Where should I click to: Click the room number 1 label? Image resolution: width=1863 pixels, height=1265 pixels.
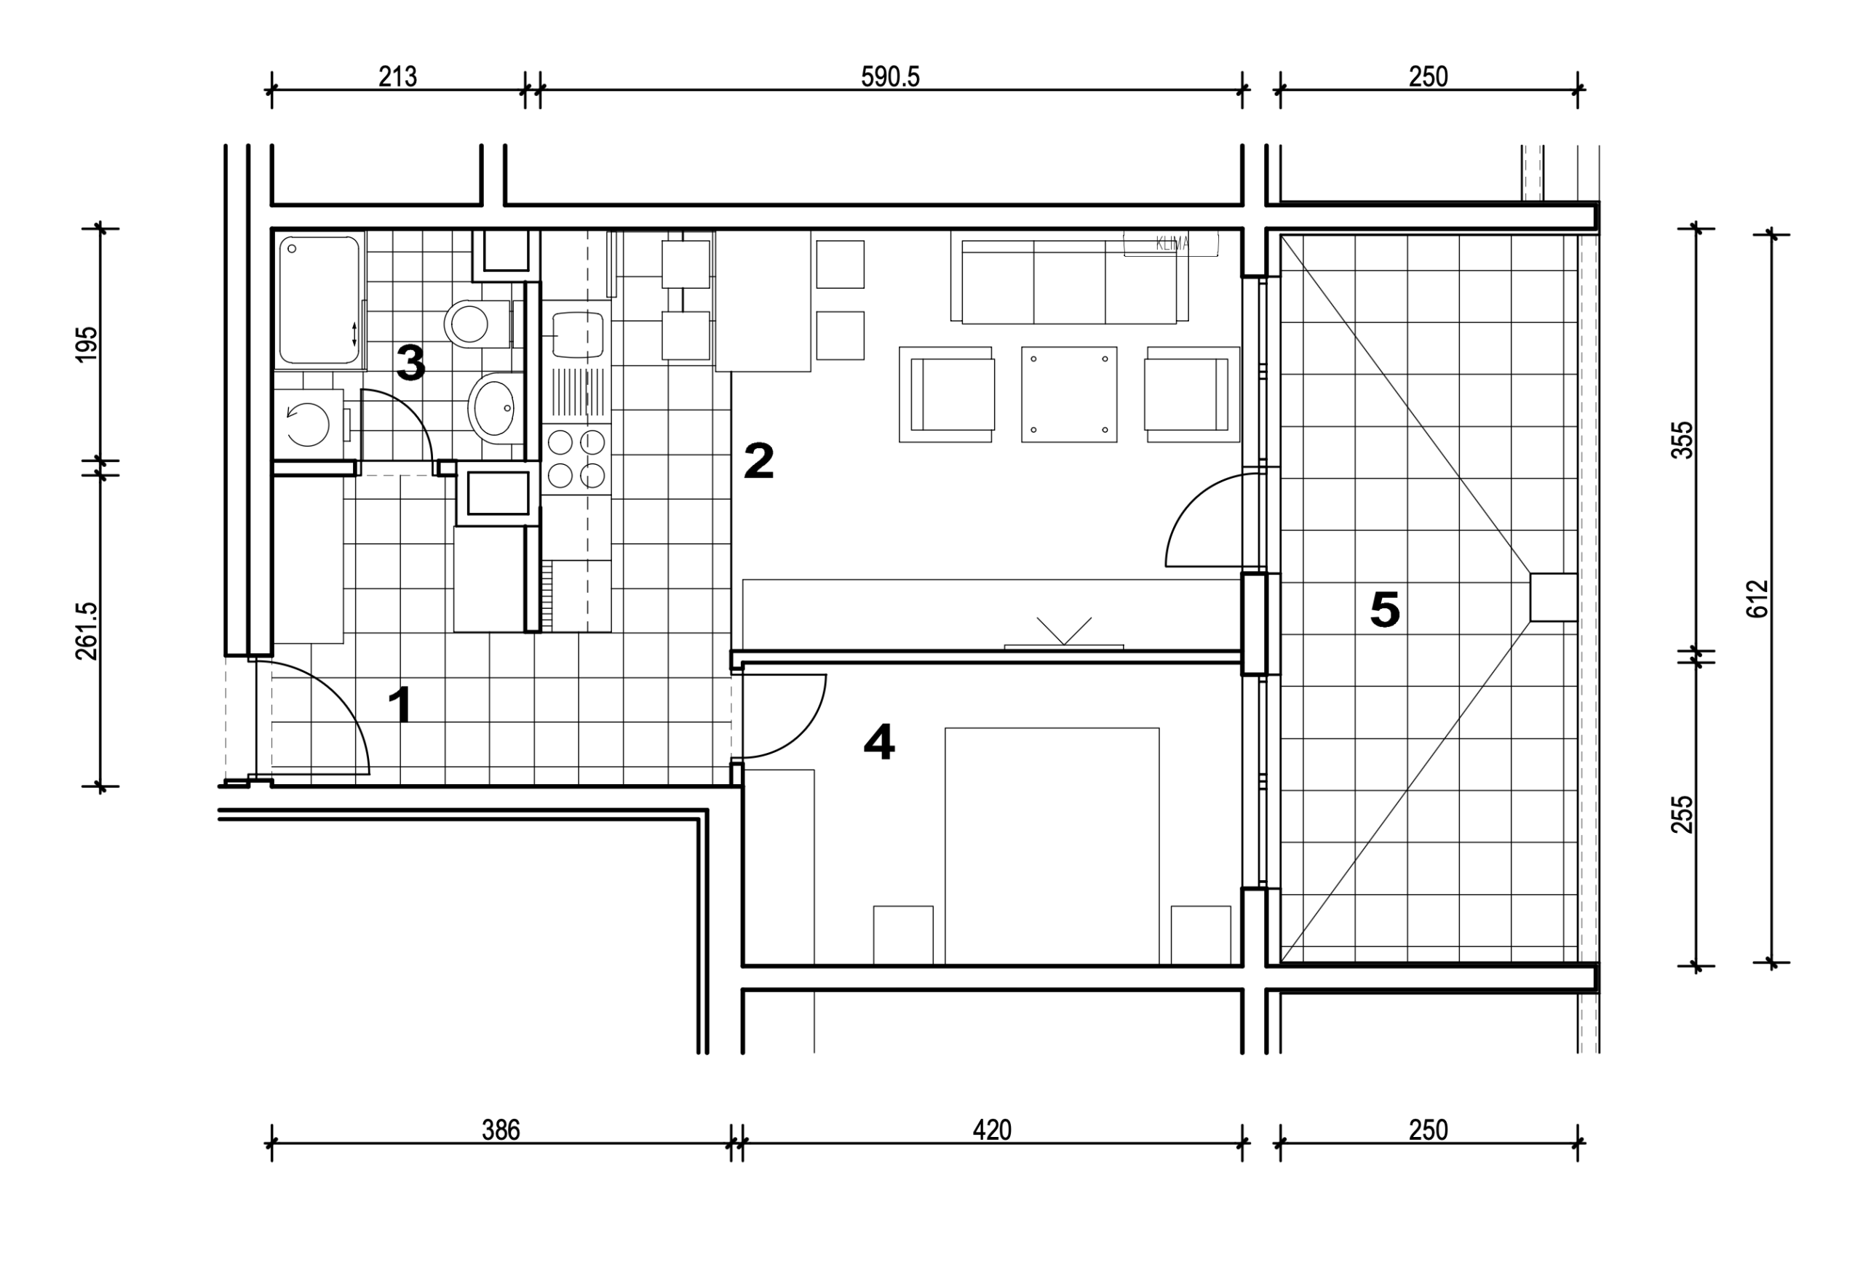(x=400, y=704)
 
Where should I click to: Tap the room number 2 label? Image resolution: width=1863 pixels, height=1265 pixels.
(x=758, y=460)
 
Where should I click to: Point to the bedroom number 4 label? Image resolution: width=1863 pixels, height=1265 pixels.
(x=878, y=741)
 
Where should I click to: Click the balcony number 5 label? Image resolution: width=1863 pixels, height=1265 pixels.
(x=1384, y=609)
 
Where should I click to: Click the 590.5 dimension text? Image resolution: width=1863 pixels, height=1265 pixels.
(x=890, y=77)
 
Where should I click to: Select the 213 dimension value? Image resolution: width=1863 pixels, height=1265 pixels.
(x=397, y=77)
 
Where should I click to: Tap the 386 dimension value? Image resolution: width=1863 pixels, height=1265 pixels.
(x=501, y=1130)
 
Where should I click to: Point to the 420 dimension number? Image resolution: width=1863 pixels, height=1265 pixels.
(x=992, y=1130)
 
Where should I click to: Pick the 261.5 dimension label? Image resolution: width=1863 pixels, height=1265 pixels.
(x=87, y=631)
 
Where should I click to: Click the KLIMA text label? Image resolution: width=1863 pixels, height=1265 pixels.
(x=1172, y=244)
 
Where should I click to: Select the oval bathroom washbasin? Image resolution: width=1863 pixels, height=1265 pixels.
(x=496, y=408)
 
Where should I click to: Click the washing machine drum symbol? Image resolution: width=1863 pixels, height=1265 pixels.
(x=308, y=424)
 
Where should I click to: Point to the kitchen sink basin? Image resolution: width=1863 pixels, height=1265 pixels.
(x=577, y=334)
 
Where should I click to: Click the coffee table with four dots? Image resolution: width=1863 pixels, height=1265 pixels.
(x=1068, y=394)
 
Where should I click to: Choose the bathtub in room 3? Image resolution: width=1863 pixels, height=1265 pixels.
(x=319, y=300)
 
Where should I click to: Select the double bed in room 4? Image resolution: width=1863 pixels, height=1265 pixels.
(x=1052, y=845)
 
